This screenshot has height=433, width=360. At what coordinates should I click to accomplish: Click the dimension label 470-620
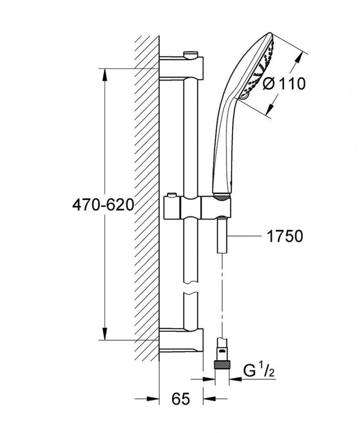pyautogui.click(x=103, y=205)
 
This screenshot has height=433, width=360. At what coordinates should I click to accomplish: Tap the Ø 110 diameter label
pyautogui.click(x=284, y=84)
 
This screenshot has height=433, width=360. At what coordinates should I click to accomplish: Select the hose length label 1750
pyautogui.click(x=284, y=236)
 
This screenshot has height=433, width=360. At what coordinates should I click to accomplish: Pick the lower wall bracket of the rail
pyautogui.click(x=182, y=340)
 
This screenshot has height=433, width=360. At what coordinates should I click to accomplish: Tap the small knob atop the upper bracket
pyautogui.click(x=191, y=54)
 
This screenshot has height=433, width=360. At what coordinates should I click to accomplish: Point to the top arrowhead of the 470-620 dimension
pyautogui.click(x=104, y=74)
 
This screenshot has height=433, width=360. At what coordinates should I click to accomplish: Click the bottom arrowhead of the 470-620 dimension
pyautogui.click(x=104, y=334)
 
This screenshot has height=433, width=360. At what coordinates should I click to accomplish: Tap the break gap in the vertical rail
pyautogui.click(x=191, y=288)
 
